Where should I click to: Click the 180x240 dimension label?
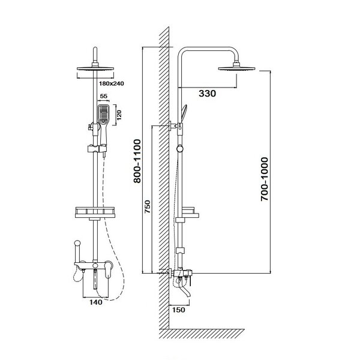(112, 83)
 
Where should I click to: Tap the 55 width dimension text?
(104, 96)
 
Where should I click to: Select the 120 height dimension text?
(119, 115)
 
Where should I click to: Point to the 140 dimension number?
(96, 302)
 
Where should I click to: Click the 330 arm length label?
(208, 94)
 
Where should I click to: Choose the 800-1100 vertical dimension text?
(137, 161)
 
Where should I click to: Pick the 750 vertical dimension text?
(148, 206)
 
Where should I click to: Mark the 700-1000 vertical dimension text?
(265, 179)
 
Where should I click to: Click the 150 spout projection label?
(179, 310)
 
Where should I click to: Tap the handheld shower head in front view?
(103, 115)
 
